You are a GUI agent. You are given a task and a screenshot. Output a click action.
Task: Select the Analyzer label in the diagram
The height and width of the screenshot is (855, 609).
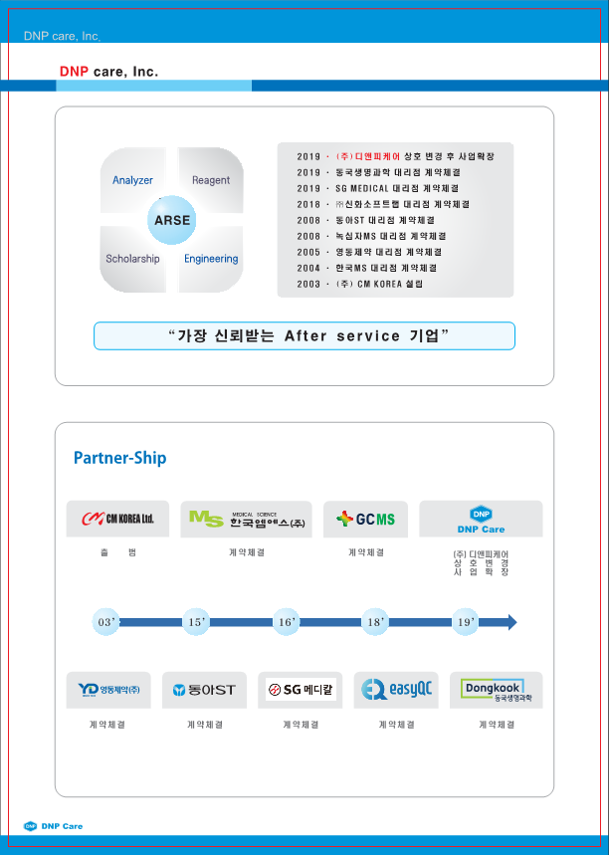(132, 180)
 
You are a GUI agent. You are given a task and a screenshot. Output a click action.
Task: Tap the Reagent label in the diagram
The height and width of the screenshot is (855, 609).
(211, 180)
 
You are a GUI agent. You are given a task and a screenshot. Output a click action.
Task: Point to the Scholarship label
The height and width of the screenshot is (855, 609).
(132, 259)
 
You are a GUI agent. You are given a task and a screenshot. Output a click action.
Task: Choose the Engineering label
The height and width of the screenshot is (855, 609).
(211, 259)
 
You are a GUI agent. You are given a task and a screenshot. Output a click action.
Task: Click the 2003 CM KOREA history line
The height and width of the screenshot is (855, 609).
(360, 284)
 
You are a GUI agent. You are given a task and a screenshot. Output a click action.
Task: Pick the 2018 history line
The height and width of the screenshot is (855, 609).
(384, 204)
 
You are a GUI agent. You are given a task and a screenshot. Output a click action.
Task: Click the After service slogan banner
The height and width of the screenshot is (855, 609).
(304, 335)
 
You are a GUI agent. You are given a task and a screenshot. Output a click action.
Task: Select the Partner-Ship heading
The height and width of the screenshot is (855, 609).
(119, 458)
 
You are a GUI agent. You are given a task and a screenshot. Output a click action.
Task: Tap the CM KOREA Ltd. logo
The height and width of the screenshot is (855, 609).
(117, 519)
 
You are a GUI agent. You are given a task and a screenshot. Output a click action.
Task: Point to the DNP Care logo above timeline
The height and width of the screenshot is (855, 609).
(481, 519)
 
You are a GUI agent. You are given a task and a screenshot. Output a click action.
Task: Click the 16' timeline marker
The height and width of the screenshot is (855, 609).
(287, 622)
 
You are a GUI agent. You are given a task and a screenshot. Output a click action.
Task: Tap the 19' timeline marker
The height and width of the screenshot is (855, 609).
(464, 622)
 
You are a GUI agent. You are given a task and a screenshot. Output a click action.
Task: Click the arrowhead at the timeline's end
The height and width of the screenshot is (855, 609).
(510, 622)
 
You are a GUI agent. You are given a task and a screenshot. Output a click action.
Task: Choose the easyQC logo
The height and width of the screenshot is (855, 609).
(396, 689)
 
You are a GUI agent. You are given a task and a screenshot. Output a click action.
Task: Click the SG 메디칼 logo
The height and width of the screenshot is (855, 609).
(301, 689)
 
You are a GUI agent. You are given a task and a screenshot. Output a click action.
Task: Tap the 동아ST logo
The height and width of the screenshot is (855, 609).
(204, 689)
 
